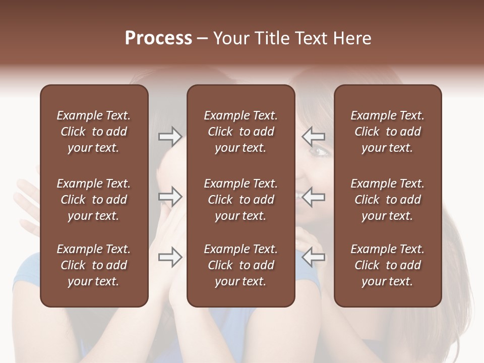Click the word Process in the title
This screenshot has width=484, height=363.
(158, 38)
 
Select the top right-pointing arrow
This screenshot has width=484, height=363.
(170, 137)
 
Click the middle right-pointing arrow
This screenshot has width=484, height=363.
(170, 197)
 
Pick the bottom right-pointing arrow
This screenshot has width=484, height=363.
(170, 257)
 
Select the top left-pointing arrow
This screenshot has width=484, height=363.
(314, 137)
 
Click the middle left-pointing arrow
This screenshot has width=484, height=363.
(314, 197)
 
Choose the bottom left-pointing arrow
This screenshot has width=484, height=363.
(314, 257)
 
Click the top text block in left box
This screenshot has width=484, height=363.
(94, 132)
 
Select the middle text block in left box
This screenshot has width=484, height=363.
(94, 200)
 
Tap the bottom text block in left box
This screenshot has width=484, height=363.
(94, 265)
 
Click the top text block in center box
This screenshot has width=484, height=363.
(240, 132)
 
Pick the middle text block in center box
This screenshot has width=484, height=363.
(240, 200)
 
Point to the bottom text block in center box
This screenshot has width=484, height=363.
(240, 265)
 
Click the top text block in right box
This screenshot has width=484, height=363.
(387, 132)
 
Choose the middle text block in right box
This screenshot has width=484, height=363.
(387, 200)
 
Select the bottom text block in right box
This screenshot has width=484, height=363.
(387, 265)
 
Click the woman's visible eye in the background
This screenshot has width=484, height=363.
(319, 150)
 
